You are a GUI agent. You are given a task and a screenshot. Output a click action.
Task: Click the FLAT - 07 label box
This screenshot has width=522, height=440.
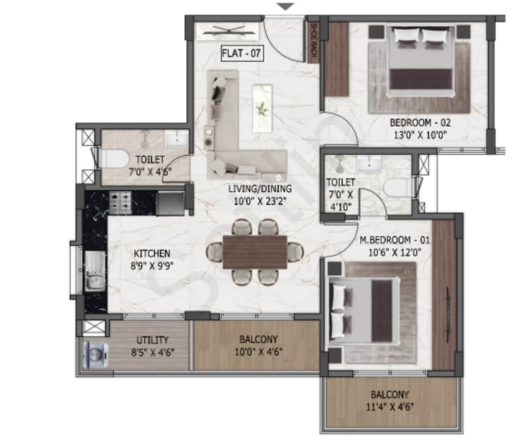coord(242,53)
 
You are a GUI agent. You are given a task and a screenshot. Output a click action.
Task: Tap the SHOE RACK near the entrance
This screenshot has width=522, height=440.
coord(313,41)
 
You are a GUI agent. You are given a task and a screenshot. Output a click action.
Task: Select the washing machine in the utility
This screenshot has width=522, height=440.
coord(96,355)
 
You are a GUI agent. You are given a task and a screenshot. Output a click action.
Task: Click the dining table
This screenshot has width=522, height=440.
coord(255,251)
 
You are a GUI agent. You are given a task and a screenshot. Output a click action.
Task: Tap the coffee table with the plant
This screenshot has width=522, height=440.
coord(262,109)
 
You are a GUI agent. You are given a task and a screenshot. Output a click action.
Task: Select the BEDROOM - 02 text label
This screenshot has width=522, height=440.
coord(420,123)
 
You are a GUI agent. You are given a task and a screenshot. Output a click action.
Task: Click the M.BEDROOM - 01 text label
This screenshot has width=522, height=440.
coord(395,240)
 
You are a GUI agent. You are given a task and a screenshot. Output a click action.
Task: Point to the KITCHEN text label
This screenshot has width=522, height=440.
coord(152,254)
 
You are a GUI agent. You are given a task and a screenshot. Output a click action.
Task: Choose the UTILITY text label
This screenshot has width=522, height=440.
coord(152,340)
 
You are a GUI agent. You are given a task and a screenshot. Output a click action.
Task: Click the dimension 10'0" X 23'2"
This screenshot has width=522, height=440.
coord(260,201)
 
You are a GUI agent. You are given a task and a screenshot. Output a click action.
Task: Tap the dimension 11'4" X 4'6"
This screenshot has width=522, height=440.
coord(390,407)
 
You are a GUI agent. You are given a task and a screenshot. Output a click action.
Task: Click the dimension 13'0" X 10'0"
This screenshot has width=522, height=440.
coord(420,135)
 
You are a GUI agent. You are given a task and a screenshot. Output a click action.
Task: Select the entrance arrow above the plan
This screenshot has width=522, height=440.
coord(286,7)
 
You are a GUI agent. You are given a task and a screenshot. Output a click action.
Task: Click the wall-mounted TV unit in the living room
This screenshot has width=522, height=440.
coord(227,31)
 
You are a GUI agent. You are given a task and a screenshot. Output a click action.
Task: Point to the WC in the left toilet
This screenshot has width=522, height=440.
coord(114,159)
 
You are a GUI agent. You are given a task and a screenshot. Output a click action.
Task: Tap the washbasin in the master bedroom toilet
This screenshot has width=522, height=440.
coord(369,165)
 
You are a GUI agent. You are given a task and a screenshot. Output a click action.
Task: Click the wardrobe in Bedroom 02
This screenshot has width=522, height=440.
coord(336,59)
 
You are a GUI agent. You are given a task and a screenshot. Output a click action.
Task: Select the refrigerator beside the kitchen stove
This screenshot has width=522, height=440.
coord(170,203)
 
